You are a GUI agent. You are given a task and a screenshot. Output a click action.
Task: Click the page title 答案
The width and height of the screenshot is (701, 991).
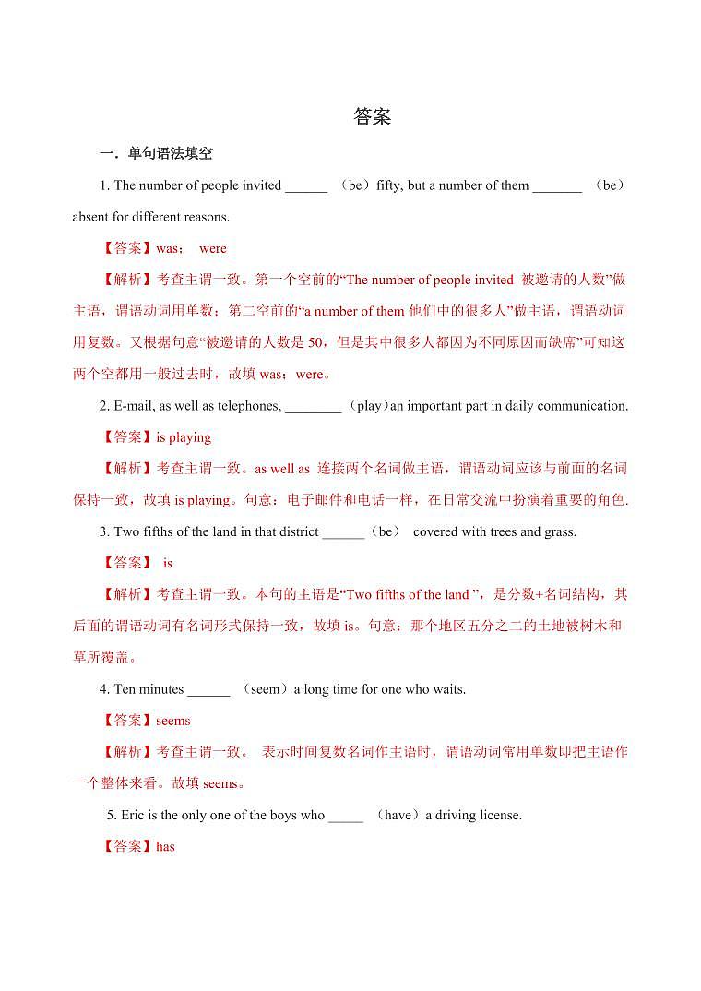click(x=373, y=117)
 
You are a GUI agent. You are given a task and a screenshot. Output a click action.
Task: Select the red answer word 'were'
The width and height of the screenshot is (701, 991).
click(x=212, y=248)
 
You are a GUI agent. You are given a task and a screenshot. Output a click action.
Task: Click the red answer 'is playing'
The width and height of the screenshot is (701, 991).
click(x=184, y=437)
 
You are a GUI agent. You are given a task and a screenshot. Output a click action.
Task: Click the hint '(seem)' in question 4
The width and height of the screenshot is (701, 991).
click(x=266, y=689)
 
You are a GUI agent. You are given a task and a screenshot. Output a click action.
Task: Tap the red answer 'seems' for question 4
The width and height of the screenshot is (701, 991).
click(x=173, y=721)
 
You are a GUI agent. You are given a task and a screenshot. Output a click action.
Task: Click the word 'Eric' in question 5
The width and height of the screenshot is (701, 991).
click(x=121, y=816)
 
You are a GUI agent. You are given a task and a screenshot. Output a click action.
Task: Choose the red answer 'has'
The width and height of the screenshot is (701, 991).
click(x=165, y=847)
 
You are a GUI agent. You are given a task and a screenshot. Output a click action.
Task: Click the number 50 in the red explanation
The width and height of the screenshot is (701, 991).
click(x=314, y=343)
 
